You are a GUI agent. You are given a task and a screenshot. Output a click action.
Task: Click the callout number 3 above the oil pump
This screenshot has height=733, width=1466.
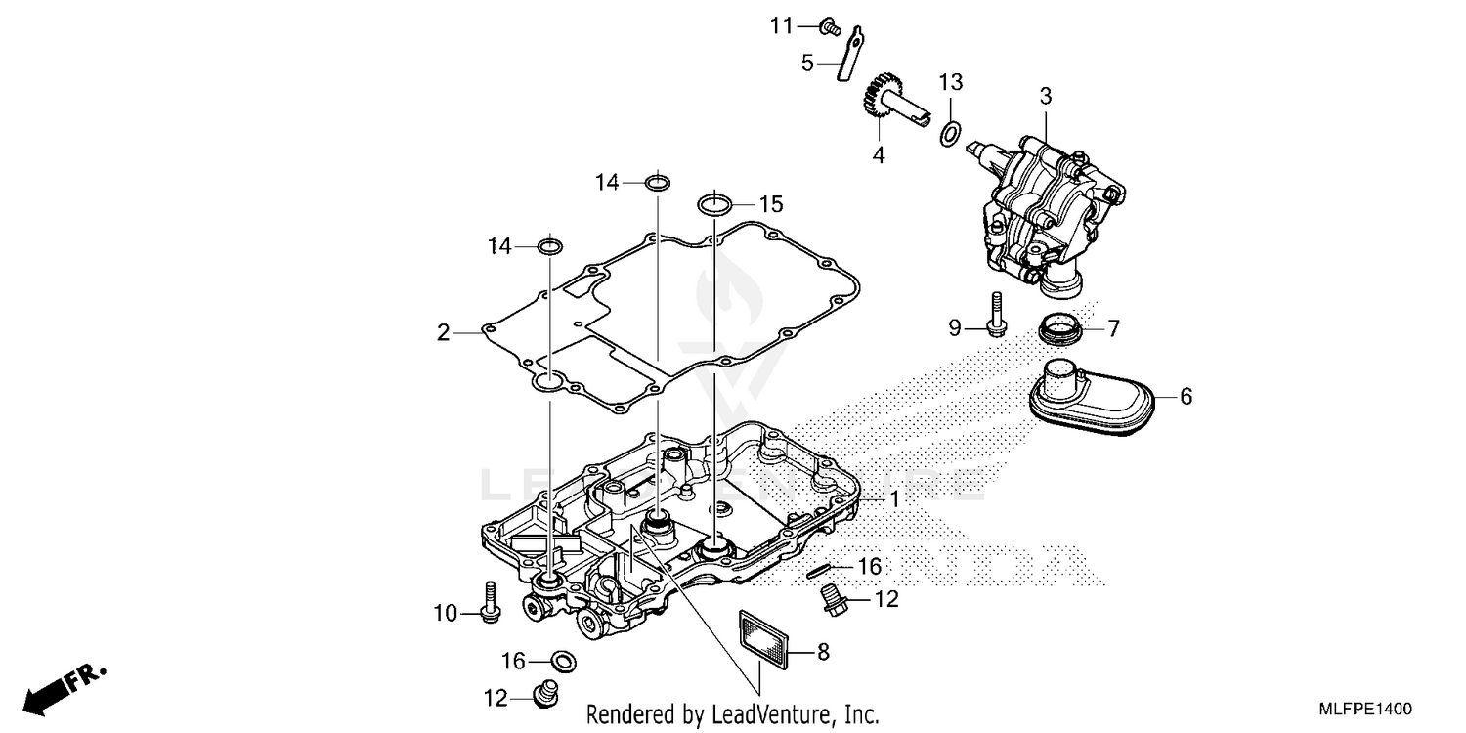click(x=1045, y=96)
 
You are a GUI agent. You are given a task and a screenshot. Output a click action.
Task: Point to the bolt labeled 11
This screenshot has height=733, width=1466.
click(x=830, y=25)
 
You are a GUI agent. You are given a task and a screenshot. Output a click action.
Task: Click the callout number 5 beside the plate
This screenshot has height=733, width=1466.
click(x=807, y=63)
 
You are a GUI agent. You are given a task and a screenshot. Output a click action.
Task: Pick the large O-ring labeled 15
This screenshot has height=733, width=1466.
click(x=715, y=205)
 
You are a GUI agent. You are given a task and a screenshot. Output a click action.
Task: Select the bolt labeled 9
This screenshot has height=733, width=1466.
click(x=996, y=317)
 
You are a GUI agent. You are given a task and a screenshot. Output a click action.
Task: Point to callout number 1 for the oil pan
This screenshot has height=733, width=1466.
click(x=893, y=498)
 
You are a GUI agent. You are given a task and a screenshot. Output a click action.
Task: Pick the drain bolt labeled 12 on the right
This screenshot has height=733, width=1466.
click(x=834, y=599)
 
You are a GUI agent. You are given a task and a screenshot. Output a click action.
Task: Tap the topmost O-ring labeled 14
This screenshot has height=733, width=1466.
click(x=660, y=181)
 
